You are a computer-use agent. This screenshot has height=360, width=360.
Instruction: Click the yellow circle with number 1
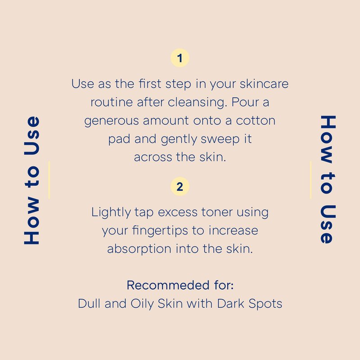(180, 58)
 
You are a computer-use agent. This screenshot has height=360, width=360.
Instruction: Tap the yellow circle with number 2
(180, 186)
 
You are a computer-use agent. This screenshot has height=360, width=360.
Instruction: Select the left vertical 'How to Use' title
(31, 180)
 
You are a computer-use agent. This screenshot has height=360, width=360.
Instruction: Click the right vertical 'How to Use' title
(328, 179)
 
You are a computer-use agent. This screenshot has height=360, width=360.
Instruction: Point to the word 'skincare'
(264, 84)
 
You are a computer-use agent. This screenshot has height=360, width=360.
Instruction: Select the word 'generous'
(111, 121)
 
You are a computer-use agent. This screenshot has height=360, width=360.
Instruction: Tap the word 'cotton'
(256, 121)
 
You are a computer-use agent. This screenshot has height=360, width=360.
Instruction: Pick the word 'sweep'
(220, 139)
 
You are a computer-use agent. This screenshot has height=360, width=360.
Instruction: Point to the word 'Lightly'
(111, 212)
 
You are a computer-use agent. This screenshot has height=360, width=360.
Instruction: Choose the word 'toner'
(217, 212)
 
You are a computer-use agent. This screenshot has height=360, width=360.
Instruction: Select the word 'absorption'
(139, 249)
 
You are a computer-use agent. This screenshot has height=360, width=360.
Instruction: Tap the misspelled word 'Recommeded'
(168, 285)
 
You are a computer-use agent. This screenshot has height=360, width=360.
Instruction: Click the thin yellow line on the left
(49, 180)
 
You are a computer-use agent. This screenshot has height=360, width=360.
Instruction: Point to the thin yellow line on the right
(310, 180)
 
